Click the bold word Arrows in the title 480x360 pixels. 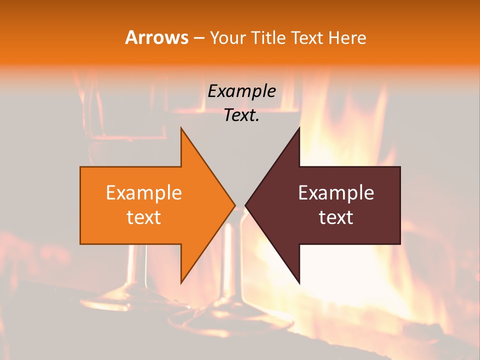[x=156, y=37]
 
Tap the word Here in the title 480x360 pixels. [x=347, y=37]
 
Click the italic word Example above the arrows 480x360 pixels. [x=241, y=91]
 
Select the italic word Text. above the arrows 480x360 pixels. [x=241, y=115]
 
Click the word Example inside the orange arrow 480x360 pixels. [x=143, y=193]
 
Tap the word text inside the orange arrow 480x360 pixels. [x=143, y=217]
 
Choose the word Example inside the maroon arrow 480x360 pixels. [x=336, y=193]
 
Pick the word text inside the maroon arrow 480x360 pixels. [x=336, y=217]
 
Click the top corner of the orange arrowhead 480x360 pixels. [x=181, y=128]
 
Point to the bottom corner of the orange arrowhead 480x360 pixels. [x=181, y=283]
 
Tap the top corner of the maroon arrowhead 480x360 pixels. [x=299, y=128]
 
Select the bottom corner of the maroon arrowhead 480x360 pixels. [x=299, y=283]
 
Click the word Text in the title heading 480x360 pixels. [x=307, y=37]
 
